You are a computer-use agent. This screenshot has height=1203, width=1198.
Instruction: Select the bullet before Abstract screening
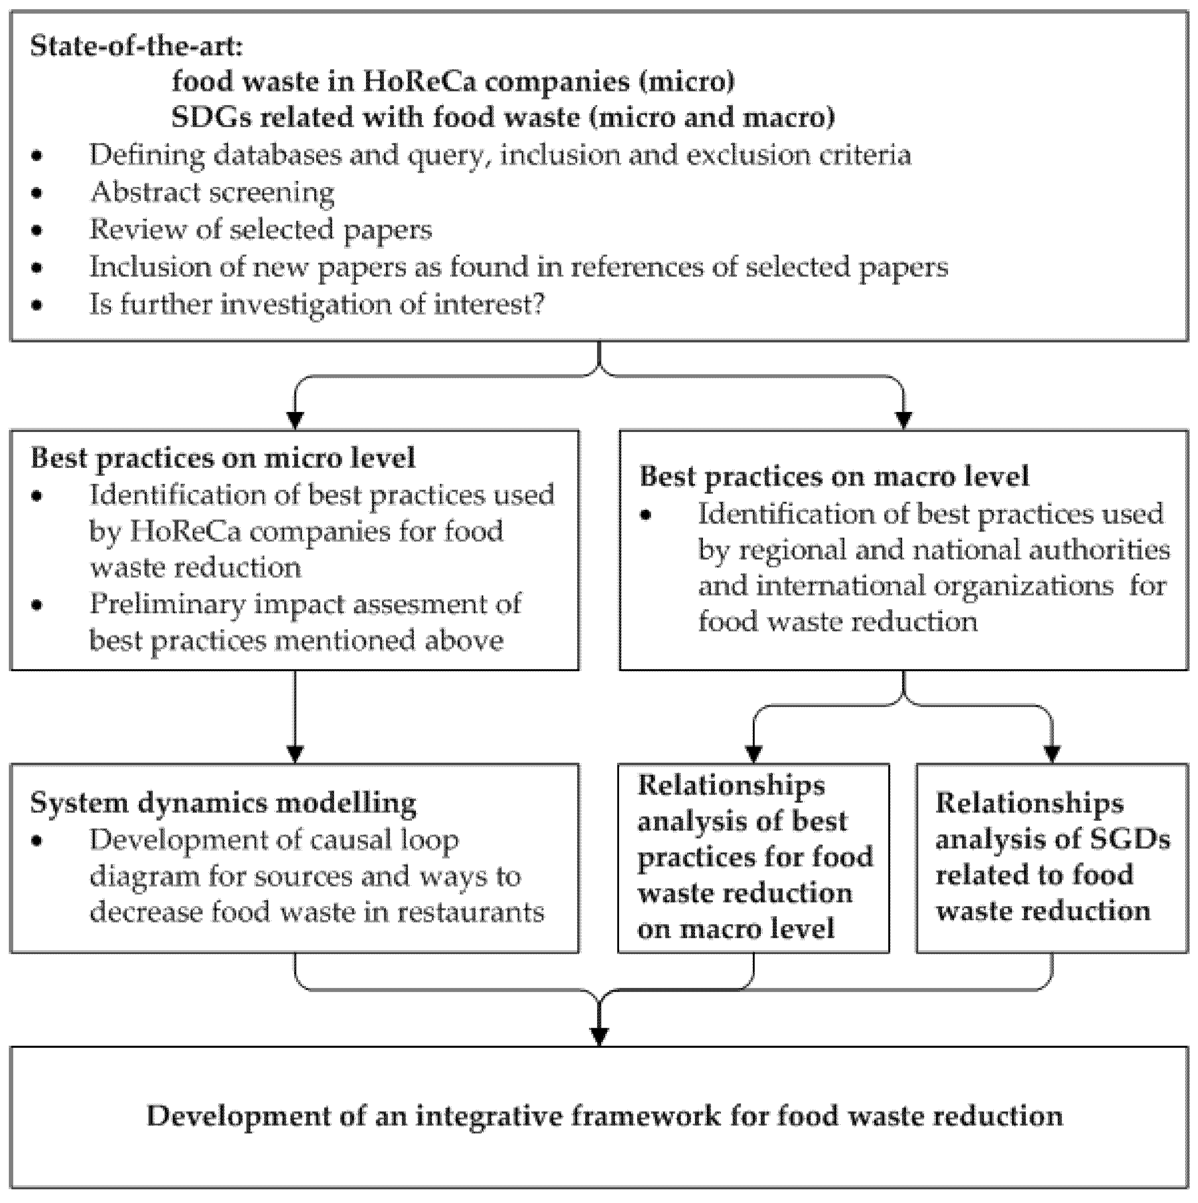click(x=37, y=193)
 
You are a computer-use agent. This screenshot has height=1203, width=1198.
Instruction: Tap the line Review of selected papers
click(x=260, y=230)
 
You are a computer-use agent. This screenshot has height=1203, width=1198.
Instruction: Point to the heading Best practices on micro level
click(x=222, y=458)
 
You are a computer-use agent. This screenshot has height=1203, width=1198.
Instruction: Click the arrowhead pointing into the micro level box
click(x=295, y=420)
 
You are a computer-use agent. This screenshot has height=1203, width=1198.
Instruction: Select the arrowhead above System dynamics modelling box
click(x=295, y=754)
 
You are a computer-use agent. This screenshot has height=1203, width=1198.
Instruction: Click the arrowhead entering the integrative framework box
click(x=599, y=1035)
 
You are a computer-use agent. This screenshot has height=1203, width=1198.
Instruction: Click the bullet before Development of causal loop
click(x=37, y=841)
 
